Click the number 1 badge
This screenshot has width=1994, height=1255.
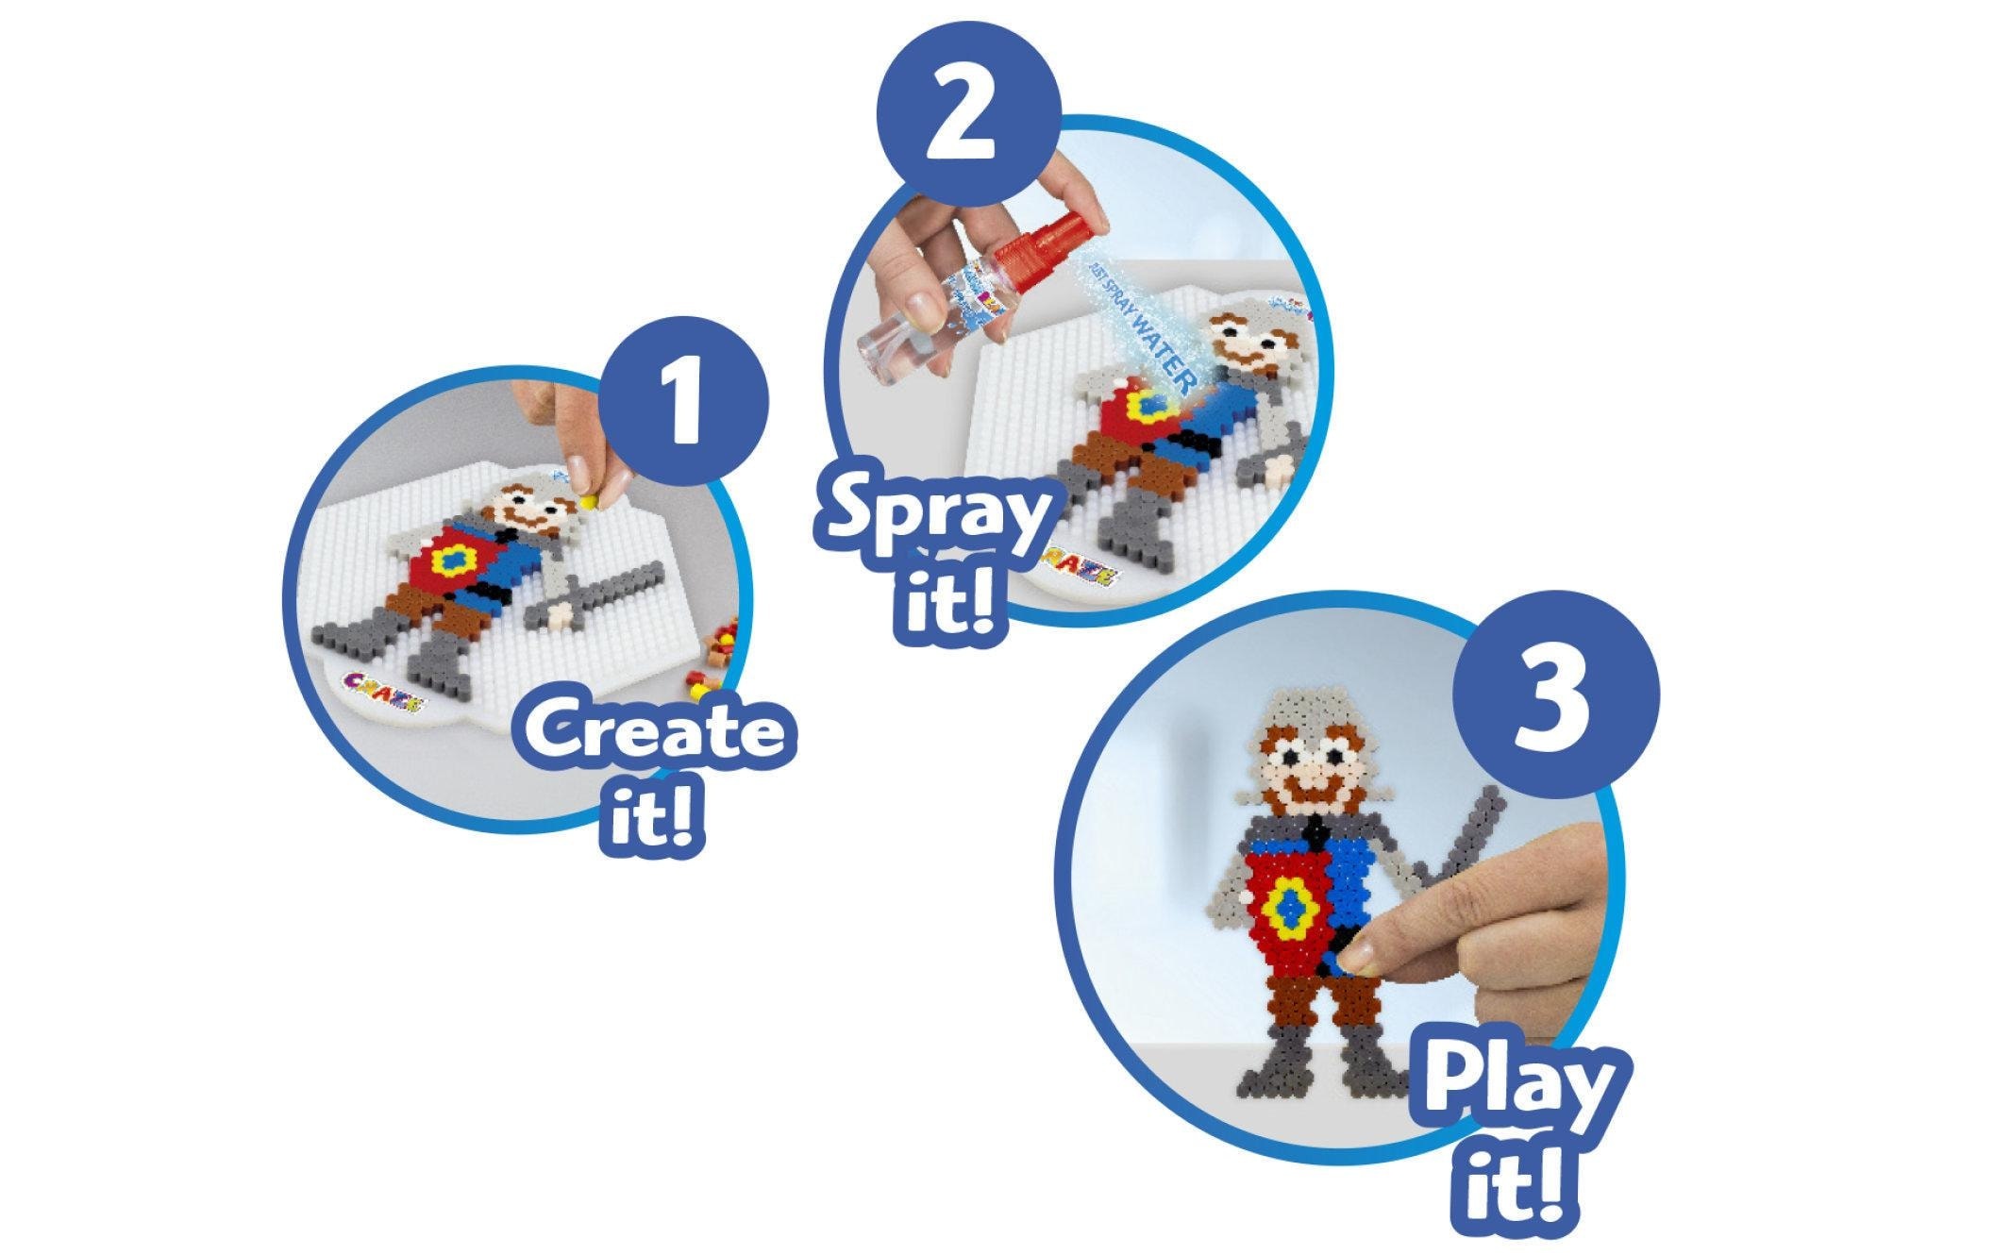click(x=686, y=403)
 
